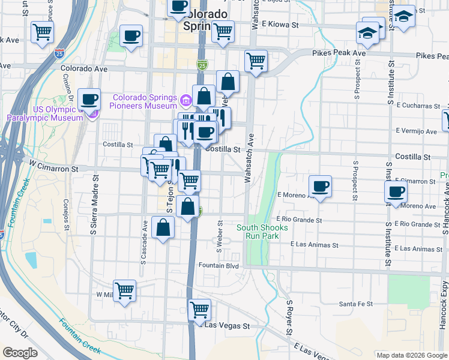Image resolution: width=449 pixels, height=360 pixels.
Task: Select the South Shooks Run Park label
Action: [262, 232]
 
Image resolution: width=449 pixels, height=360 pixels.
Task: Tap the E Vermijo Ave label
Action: [416, 131]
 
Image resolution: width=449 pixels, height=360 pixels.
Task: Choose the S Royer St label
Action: [289, 318]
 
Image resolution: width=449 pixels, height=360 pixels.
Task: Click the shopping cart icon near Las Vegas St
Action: [199, 310]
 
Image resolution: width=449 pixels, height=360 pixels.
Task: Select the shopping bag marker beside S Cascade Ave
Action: [163, 227]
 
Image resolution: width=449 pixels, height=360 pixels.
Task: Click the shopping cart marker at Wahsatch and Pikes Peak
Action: [256, 61]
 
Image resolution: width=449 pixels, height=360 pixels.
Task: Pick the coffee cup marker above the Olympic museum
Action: [89, 99]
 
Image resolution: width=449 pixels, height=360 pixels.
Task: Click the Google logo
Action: [19, 353]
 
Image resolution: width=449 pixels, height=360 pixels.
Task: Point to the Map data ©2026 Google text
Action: [411, 355]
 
